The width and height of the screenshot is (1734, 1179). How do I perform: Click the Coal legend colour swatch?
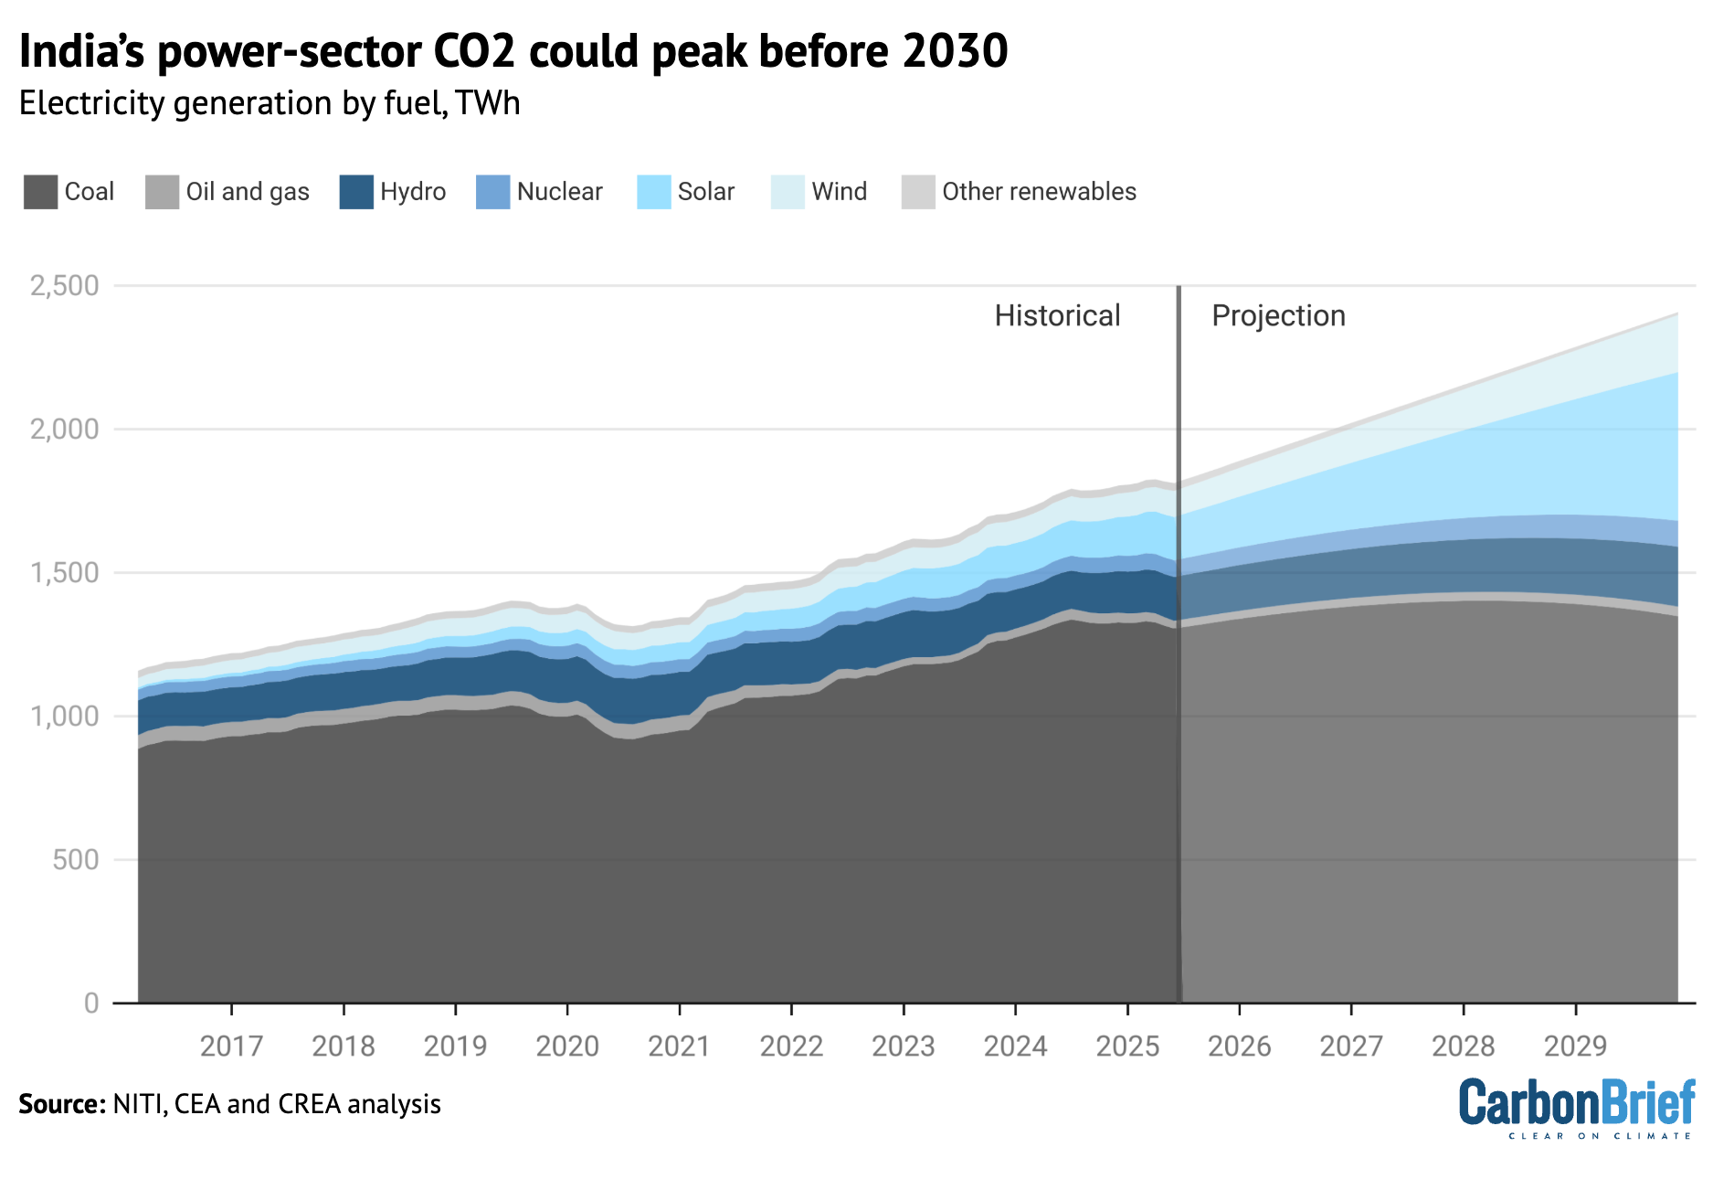[x=40, y=192]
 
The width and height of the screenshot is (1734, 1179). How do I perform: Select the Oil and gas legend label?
[x=248, y=192]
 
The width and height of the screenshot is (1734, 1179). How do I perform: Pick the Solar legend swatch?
[x=654, y=192]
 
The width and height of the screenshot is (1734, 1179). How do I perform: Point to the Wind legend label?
[x=839, y=192]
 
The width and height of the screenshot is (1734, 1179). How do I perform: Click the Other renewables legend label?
[x=1039, y=192]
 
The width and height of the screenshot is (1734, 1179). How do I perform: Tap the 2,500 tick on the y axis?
[x=65, y=286]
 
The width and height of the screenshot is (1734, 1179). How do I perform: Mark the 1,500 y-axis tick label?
[x=65, y=573]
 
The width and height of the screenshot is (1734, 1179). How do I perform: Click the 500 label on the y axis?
[x=76, y=860]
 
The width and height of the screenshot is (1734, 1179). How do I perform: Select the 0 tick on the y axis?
[x=91, y=1004]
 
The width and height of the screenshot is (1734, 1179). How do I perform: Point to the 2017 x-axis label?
[x=232, y=1046]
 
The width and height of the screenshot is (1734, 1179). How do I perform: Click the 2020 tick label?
[x=567, y=1046]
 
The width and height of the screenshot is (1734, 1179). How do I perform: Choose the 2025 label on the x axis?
[x=1127, y=1046]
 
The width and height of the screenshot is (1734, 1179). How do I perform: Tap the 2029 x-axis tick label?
[x=1575, y=1046]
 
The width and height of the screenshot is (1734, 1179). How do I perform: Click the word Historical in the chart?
[x=1057, y=316]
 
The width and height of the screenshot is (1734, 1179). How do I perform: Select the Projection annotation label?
[x=1278, y=316]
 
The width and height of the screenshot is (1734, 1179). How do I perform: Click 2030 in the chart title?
[x=956, y=52]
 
